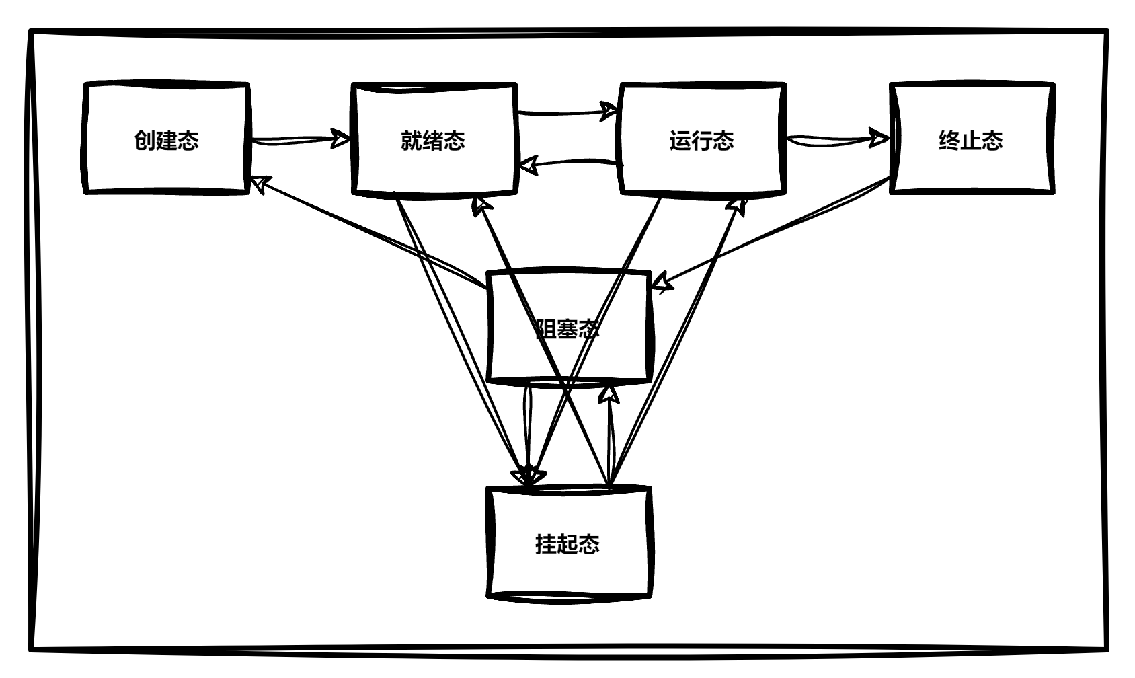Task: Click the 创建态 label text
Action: click(x=166, y=141)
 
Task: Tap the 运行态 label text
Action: click(x=701, y=141)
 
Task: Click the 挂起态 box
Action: click(x=568, y=572)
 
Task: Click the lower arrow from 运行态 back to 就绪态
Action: click(x=572, y=162)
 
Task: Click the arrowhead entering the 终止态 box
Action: click(x=879, y=138)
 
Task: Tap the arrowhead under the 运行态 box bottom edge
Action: click(x=739, y=204)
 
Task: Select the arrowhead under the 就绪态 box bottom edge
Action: click(x=481, y=205)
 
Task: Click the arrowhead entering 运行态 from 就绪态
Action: click(x=609, y=110)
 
